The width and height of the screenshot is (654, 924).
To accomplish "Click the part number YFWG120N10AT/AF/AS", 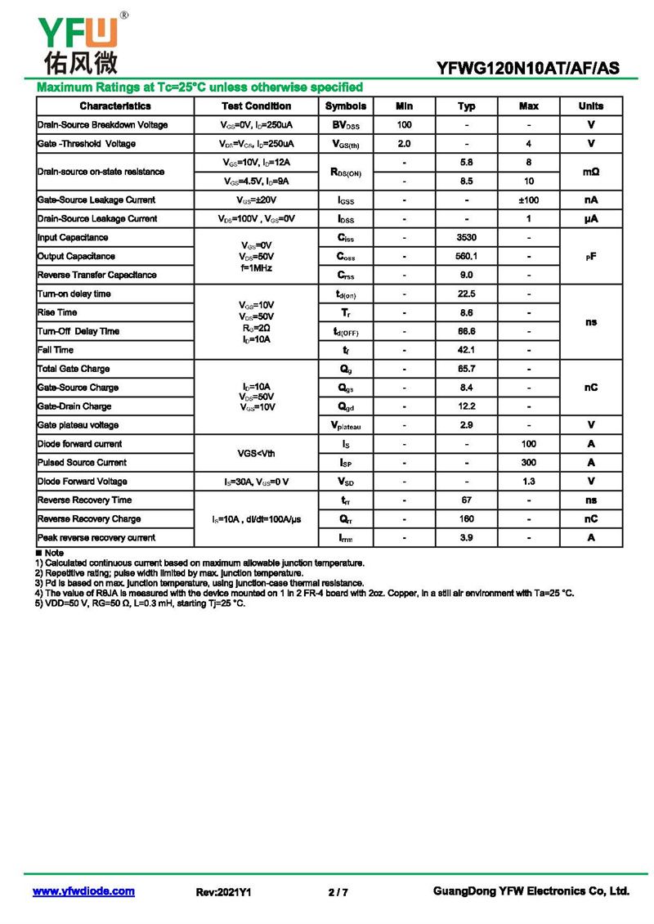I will (528, 68).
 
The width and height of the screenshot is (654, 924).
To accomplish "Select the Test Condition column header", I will (256, 106).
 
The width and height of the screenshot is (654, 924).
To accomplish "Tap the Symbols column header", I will (345, 106).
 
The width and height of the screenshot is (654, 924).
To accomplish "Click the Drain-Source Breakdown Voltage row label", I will (103, 125).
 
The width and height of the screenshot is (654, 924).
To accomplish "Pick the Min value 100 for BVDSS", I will (404, 125).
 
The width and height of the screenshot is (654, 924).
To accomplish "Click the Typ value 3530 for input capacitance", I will (467, 238).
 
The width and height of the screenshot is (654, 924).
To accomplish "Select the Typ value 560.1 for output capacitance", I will (467, 257).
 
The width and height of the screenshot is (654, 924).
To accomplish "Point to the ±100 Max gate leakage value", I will (529, 200).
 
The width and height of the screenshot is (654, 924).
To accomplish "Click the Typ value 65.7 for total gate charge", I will (467, 370).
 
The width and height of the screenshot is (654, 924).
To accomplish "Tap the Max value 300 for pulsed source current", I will (529, 463).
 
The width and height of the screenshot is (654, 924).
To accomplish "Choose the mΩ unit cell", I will (591, 173).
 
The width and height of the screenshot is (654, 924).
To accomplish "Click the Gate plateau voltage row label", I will (78, 425).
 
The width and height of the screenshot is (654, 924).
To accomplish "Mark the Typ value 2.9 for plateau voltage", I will (467, 425).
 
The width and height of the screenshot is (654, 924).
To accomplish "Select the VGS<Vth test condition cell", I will (256, 454).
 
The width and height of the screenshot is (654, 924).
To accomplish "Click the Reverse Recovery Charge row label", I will (90, 519).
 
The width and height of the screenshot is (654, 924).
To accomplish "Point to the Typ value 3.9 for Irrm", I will (467, 538).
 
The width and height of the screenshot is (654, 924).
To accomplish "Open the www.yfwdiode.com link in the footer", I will (83, 891).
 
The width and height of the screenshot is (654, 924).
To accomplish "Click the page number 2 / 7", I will (338, 892).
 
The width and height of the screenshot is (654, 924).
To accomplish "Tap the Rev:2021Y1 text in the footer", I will (223, 892).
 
